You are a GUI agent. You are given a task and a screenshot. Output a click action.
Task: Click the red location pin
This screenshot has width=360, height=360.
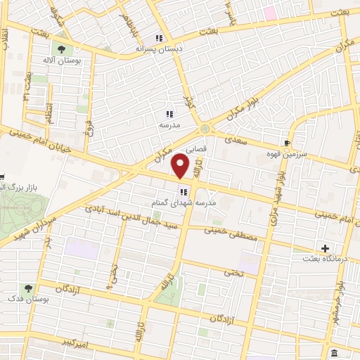coord(181,165)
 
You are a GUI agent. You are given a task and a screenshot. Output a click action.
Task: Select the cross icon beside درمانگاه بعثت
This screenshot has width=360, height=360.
coord(325,248)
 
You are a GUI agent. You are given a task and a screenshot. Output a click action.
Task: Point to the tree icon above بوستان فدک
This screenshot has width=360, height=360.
coord(27,288)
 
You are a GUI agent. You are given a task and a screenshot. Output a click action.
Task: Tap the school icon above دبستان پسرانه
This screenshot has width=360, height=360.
coord(160,38)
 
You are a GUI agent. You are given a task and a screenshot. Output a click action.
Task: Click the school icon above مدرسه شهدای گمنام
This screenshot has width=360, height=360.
coord(183,191)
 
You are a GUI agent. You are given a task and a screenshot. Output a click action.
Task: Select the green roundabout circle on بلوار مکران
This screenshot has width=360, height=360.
coord(205,129)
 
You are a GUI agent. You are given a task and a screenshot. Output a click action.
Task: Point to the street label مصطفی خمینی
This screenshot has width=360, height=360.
coord(231,234)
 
